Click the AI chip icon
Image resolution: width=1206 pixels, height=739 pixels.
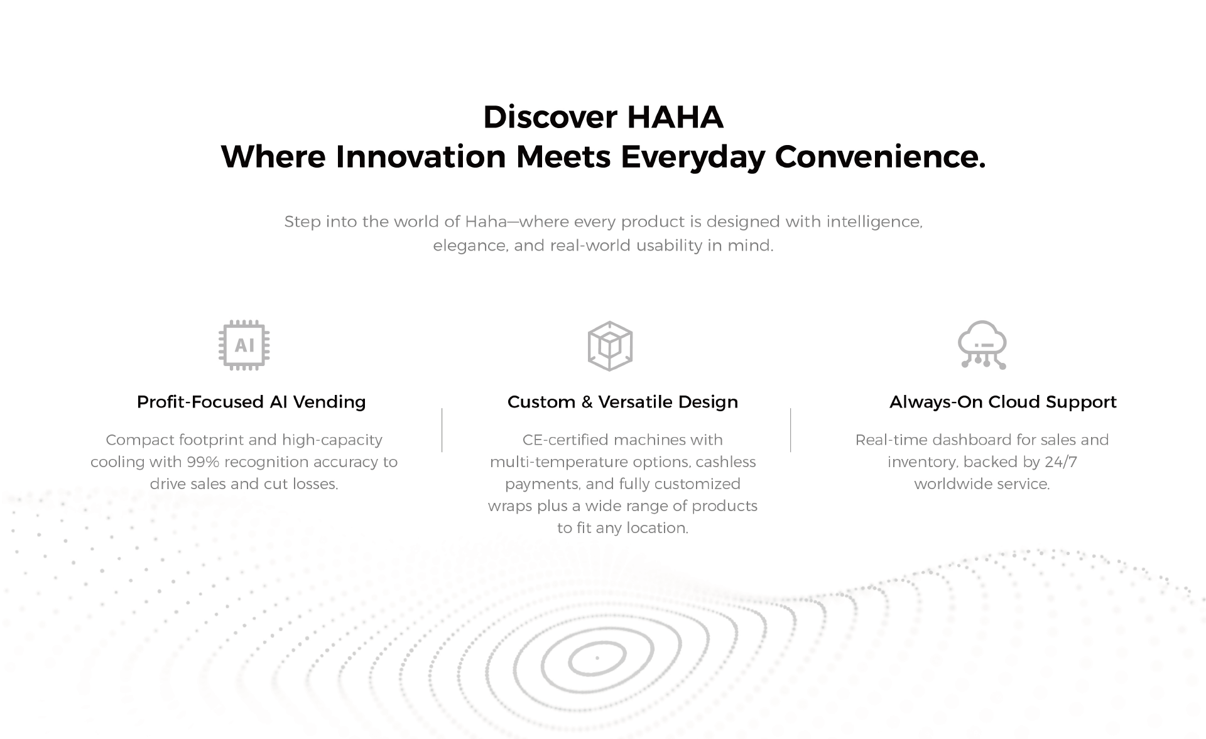(244, 345)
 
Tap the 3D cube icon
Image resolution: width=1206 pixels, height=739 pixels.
(610, 346)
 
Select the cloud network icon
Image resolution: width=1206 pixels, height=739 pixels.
(982, 345)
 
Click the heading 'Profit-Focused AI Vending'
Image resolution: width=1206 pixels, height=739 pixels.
(251, 402)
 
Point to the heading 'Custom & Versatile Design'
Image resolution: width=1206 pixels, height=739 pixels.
(622, 402)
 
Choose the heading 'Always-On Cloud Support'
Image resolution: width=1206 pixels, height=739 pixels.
(1003, 402)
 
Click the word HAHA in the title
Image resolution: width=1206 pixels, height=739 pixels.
(675, 117)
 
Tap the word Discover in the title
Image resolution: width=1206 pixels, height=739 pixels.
(550, 117)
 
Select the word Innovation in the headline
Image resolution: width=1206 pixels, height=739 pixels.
(421, 156)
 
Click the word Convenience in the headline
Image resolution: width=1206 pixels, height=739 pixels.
(880, 156)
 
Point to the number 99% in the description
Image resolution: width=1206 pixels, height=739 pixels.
(202, 462)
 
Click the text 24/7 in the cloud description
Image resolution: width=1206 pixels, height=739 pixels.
(1061, 462)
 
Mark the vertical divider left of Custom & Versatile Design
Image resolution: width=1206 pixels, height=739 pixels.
(442, 430)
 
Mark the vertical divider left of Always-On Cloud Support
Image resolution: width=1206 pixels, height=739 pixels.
(791, 430)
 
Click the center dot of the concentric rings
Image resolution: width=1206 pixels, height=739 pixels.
(597, 658)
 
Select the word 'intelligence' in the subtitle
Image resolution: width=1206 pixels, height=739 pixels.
(874, 222)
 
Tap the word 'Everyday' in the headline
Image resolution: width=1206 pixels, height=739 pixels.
(693, 157)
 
